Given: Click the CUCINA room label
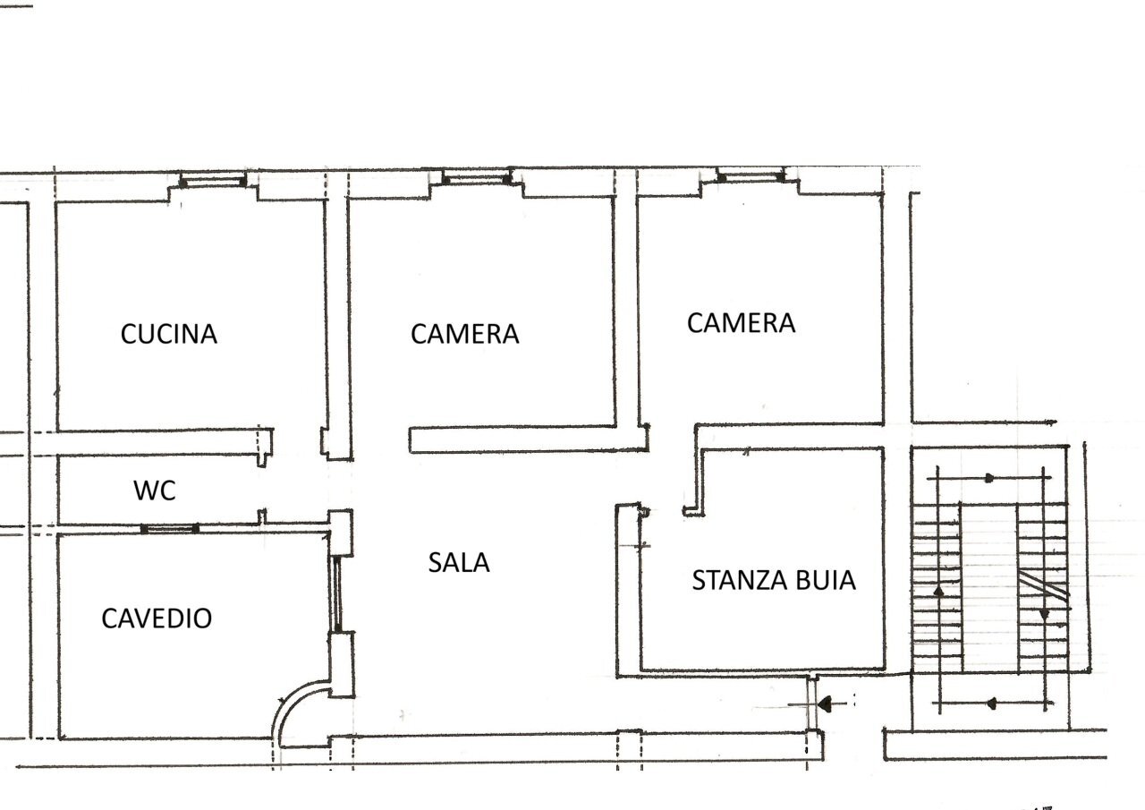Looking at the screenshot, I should coord(169,334).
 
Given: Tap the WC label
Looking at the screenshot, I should coord(155,490).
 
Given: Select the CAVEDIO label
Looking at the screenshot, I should coord(157,618).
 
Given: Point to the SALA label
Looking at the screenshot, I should coord(459,563).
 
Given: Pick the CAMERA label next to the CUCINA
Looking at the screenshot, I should coord(465,334).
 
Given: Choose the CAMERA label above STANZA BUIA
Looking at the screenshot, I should coord(741,322).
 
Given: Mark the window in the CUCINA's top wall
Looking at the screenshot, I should coord(212,182).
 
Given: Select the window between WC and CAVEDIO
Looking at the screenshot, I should coord(169,528).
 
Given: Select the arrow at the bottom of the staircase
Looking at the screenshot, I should coord(991,704).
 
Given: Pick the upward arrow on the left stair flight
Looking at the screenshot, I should coord(937,592).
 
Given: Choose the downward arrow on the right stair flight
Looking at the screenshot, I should coord(1043,614).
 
